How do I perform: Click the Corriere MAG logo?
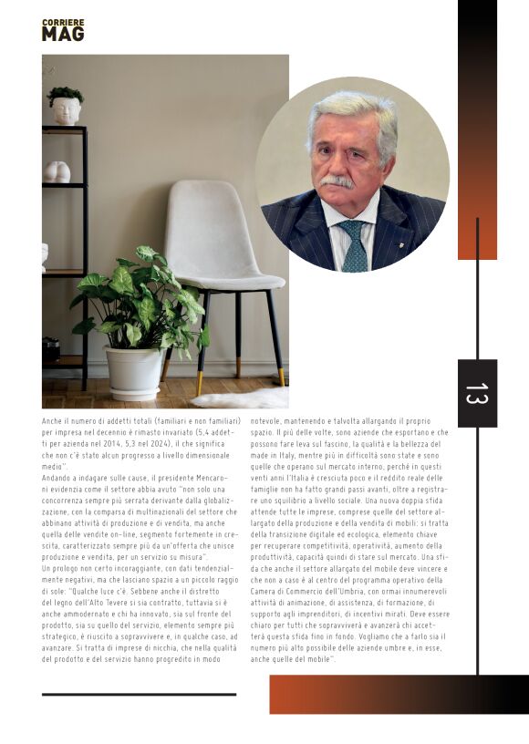pos(63,30)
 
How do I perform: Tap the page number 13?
pos(477,393)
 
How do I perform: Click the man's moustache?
pos(337,181)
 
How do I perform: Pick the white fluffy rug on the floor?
pos(242,398)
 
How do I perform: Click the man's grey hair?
pos(352,114)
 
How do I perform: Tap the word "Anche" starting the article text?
pos(52,421)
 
